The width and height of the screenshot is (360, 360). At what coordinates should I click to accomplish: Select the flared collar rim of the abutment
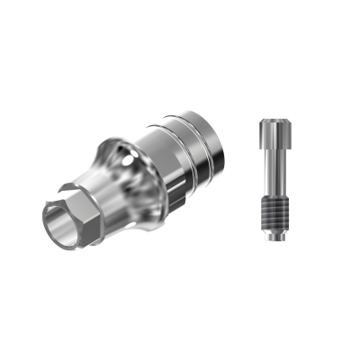[113, 148]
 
